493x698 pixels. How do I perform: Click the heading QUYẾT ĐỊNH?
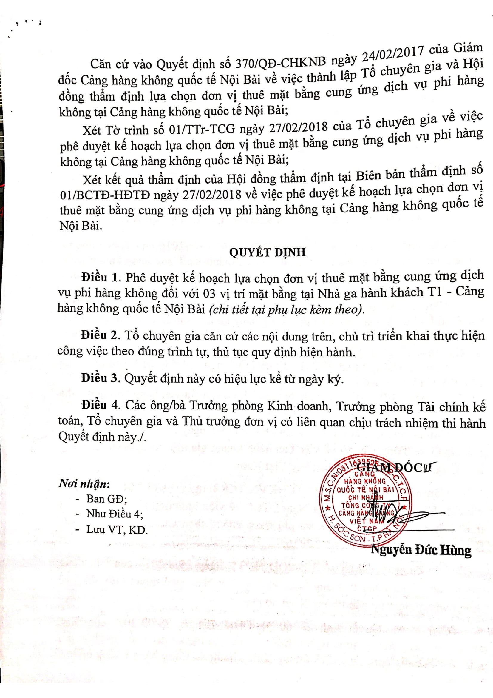[267, 253]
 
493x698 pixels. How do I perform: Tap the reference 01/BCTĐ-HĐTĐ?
[105, 195]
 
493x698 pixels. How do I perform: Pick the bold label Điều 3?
[99, 378]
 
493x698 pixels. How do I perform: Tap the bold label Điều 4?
[99, 405]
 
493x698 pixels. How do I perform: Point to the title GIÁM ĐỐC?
[392, 468]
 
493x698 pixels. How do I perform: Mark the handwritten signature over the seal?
[395, 514]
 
